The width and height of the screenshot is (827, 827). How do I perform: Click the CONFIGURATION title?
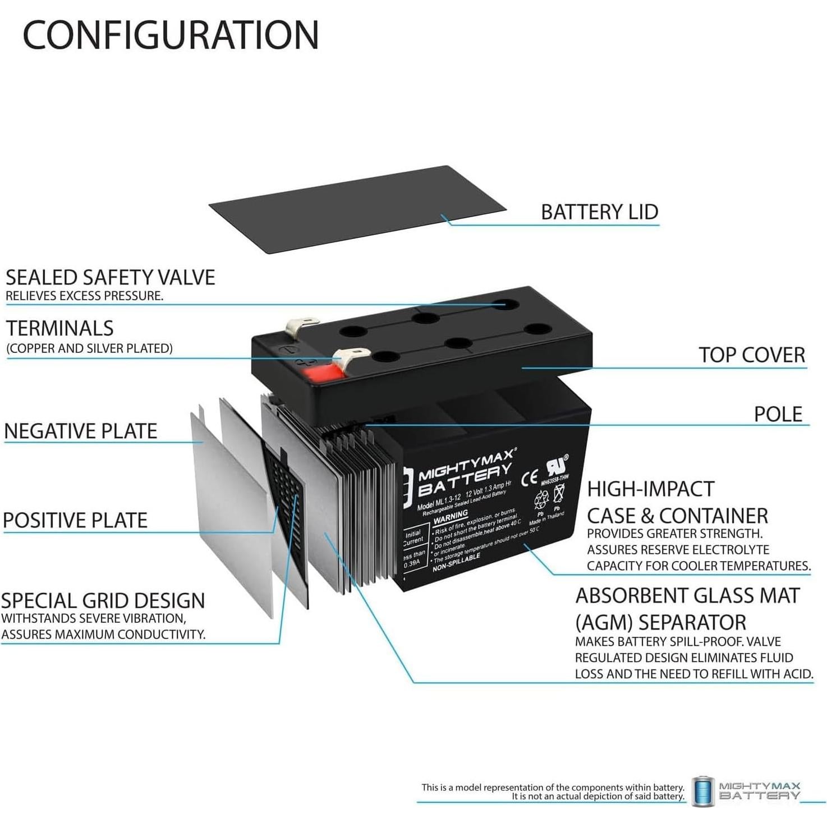(171, 35)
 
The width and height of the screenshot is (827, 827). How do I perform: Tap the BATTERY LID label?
(599, 212)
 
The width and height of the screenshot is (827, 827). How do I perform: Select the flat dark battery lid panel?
(358, 209)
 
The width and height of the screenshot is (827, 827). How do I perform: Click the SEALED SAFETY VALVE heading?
(111, 278)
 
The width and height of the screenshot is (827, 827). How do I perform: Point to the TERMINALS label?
(60, 328)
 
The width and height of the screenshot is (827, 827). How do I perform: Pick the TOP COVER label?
(751, 355)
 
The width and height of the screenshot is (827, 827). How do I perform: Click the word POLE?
(778, 414)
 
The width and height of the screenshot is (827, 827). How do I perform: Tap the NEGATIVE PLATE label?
(81, 431)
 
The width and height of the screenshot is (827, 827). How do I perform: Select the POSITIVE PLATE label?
(75, 520)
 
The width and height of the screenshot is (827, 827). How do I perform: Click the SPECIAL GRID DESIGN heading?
(103, 601)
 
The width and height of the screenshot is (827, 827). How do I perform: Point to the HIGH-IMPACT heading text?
(650, 489)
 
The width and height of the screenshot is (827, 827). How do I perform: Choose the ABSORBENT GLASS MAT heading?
(687, 596)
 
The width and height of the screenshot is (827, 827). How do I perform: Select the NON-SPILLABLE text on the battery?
(456, 563)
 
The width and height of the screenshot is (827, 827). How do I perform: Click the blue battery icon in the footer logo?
(703, 791)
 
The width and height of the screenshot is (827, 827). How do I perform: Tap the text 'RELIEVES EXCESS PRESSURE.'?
(85, 296)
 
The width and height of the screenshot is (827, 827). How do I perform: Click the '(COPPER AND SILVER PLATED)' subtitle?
(90, 348)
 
